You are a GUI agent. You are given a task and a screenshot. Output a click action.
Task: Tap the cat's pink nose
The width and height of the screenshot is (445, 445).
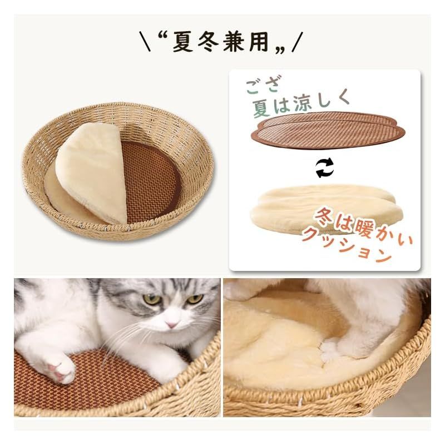[171, 324]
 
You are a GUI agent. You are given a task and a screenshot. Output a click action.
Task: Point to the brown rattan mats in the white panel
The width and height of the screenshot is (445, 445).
[328, 130]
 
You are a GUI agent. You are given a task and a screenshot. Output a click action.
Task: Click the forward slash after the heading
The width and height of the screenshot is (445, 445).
[298, 42]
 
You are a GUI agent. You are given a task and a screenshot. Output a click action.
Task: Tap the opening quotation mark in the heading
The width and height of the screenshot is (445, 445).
[162, 38]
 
